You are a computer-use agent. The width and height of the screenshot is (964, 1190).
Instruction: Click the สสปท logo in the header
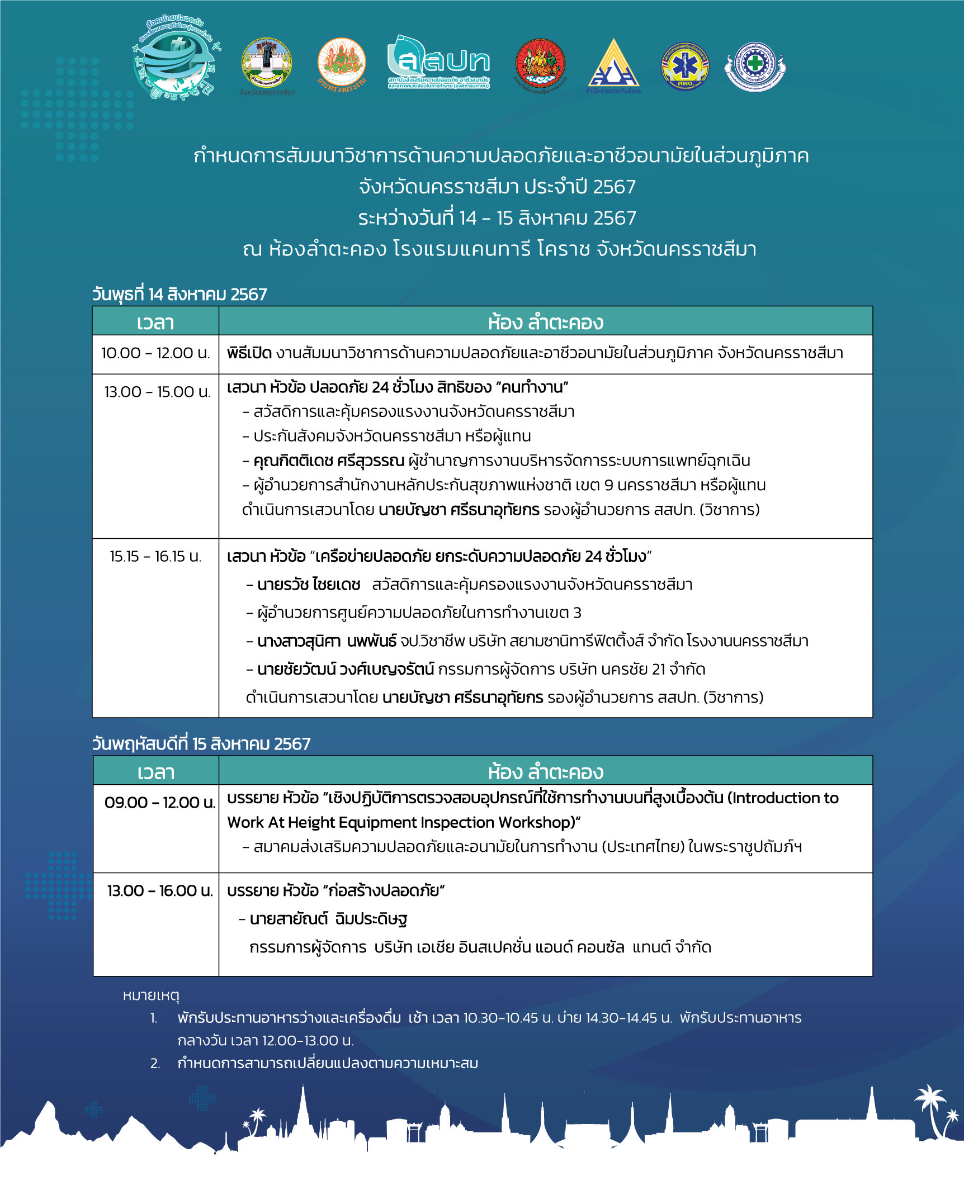[438, 63]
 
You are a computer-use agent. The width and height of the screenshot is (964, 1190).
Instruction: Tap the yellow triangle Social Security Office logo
[613, 64]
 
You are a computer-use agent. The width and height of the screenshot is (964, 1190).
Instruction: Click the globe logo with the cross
[174, 60]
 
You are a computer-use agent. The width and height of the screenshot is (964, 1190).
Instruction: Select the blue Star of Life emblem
[684, 66]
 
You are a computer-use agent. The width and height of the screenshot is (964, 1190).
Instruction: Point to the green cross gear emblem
[755, 66]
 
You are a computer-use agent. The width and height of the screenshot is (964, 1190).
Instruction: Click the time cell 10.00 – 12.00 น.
[155, 353]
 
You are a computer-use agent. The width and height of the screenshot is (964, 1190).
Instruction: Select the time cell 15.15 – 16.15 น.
[155, 556]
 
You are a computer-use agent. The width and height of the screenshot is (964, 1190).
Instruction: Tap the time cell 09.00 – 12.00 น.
[159, 802]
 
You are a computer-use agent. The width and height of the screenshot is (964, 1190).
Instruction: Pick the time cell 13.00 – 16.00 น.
[160, 890]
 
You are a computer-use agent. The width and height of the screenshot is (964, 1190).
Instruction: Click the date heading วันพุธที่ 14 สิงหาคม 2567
[179, 294]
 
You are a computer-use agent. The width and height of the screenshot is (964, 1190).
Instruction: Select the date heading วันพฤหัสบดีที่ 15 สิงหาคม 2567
[201, 743]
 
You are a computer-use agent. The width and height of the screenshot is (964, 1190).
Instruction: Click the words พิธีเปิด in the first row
[249, 353]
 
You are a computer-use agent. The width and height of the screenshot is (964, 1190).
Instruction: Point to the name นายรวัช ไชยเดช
[309, 585]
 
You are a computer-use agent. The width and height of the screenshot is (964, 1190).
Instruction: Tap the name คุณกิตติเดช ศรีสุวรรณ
[329, 461]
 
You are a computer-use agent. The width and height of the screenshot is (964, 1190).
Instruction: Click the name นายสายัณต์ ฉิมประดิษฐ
[328, 919]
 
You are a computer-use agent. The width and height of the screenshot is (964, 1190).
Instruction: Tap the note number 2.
[155, 1063]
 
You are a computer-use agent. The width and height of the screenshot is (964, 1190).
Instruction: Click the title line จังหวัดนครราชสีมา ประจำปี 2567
[497, 187]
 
